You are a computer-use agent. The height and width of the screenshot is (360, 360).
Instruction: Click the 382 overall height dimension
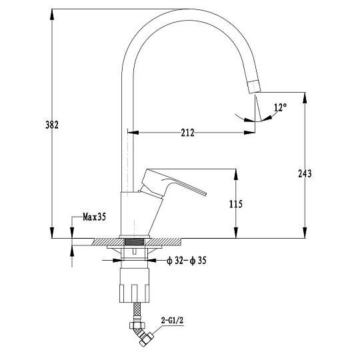point(52,125)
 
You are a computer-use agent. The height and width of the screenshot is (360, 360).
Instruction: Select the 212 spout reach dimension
point(187,133)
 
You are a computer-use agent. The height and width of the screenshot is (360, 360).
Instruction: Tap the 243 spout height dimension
point(305,173)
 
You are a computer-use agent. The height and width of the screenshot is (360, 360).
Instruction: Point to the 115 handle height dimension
point(236,204)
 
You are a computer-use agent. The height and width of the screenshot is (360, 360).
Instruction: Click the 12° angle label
point(280,107)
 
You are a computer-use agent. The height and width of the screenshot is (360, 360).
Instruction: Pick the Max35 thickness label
point(95,217)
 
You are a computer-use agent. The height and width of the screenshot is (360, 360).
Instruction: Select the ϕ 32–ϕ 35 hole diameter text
point(187,261)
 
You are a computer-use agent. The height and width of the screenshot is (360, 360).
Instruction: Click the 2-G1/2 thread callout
point(172,321)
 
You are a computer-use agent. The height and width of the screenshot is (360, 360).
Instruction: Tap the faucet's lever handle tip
point(205,194)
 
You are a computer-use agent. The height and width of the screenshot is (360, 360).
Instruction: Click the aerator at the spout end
point(254,87)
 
